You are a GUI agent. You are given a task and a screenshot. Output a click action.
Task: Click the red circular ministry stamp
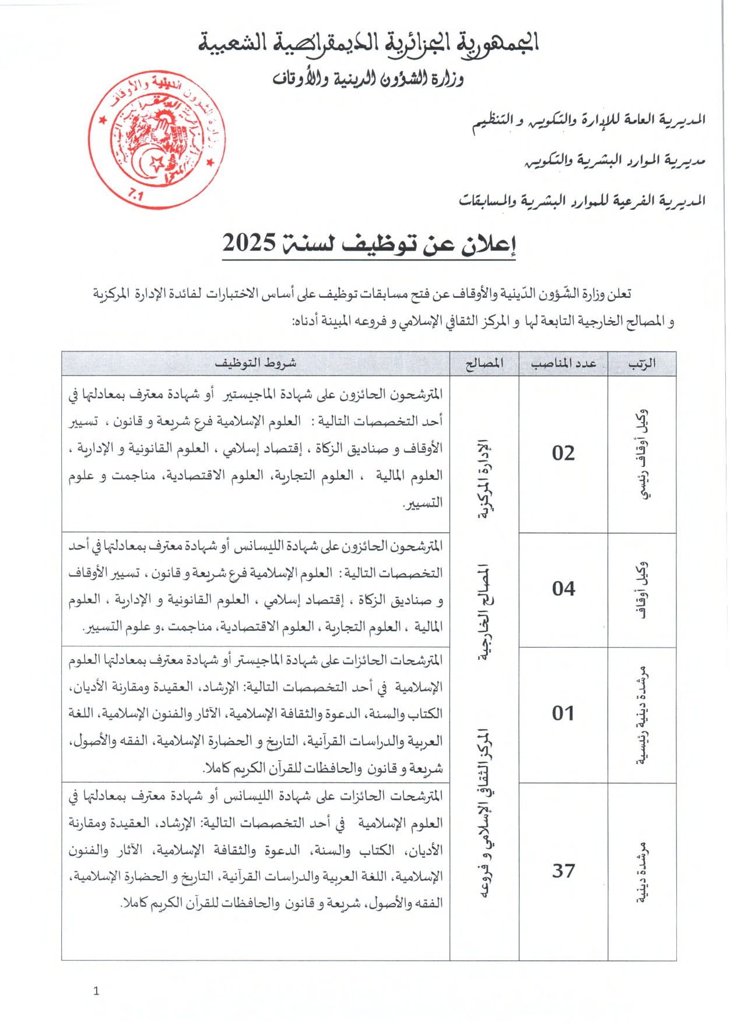(x=156, y=140)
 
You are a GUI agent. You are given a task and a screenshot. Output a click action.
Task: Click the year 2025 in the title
(x=249, y=242)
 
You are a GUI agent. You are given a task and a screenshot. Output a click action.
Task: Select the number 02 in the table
(x=563, y=453)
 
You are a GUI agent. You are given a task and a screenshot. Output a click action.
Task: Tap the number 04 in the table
(x=563, y=589)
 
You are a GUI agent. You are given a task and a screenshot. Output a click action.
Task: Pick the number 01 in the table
(x=563, y=713)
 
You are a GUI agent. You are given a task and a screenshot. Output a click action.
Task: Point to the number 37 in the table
(x=563, y=871)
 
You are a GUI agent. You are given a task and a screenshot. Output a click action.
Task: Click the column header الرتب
(x=642, y=364)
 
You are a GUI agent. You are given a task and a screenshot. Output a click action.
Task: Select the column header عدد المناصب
(x=563, y=364)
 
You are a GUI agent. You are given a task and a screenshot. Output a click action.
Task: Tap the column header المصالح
(x=484, y=364)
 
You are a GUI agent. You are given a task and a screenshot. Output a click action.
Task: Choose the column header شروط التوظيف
(x=255, y=363)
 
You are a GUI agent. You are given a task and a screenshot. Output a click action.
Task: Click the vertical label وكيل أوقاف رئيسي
(x=642, y=454)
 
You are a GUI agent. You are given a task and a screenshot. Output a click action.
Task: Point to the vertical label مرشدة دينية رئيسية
(x=642, y=715)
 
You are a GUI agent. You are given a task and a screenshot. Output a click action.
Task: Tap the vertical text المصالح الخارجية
(x=485, y=612)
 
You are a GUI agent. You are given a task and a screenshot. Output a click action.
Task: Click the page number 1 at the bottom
(x=96, y=991)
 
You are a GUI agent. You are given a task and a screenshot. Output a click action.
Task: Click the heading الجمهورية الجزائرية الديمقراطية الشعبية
(x=368, y=43)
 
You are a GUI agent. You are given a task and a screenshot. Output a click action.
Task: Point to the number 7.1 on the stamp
(x=135, y=195)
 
